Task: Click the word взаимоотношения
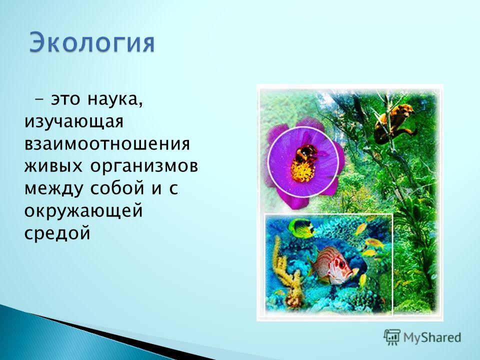point(107,144)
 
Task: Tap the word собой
point(117,188)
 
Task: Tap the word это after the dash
point(65,99)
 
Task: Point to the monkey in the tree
point(394,123)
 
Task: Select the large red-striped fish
point(333,265)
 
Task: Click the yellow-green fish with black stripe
point(301,228)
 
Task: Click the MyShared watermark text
point(432,338)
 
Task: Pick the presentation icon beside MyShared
point(392,337)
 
